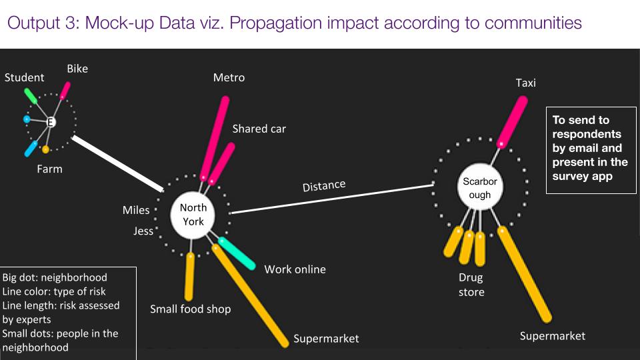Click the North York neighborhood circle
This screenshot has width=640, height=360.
pos(193,215)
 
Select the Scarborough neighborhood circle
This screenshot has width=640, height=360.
pos(479,188)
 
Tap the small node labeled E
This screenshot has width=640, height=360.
pos(50,123)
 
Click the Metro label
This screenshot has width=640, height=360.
pos(229,77)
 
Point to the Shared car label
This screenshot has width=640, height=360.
pos(259,129)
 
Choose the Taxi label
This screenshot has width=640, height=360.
pos(525,83)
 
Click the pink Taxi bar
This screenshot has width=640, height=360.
pos(512,121)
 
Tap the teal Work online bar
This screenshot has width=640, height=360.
pos(237,254)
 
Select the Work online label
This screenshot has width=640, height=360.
pos(295,269)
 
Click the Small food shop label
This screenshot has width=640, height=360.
pos(190,309)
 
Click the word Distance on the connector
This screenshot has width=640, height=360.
pos(324,185)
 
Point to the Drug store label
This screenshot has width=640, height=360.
pos(471,285)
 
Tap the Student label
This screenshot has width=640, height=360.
pos(25,78)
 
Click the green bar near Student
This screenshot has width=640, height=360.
pos(31,95)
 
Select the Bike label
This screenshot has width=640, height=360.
pos(77,69)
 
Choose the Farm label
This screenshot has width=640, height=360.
pos(49,169)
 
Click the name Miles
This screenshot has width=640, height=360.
pos(136,210)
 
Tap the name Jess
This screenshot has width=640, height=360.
pos(143,231)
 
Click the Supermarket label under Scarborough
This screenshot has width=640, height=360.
pos(552,335)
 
